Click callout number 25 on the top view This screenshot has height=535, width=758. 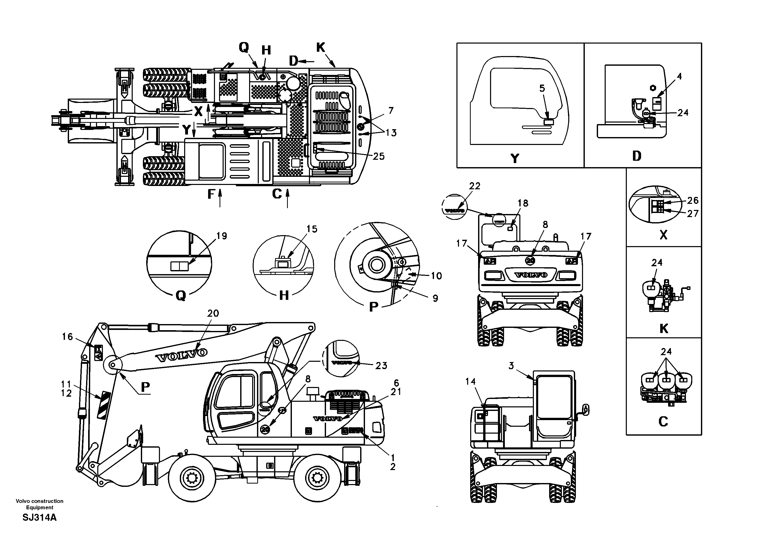pos(379,156)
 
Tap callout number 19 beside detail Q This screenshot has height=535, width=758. pos(222,236)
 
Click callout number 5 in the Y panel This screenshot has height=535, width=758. pos(542,88)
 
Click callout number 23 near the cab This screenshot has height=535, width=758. pos(381,366)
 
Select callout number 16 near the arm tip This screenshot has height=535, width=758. pos(67,337)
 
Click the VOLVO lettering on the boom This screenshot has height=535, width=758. pos(182,354)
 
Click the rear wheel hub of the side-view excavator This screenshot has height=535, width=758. pos(317,477)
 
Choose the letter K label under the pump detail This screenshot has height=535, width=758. pos(664,329)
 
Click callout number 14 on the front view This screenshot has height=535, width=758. pos(470,382)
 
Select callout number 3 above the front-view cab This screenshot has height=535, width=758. pos(511,366)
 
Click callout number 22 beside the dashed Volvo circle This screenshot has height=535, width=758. pos(475,186)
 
